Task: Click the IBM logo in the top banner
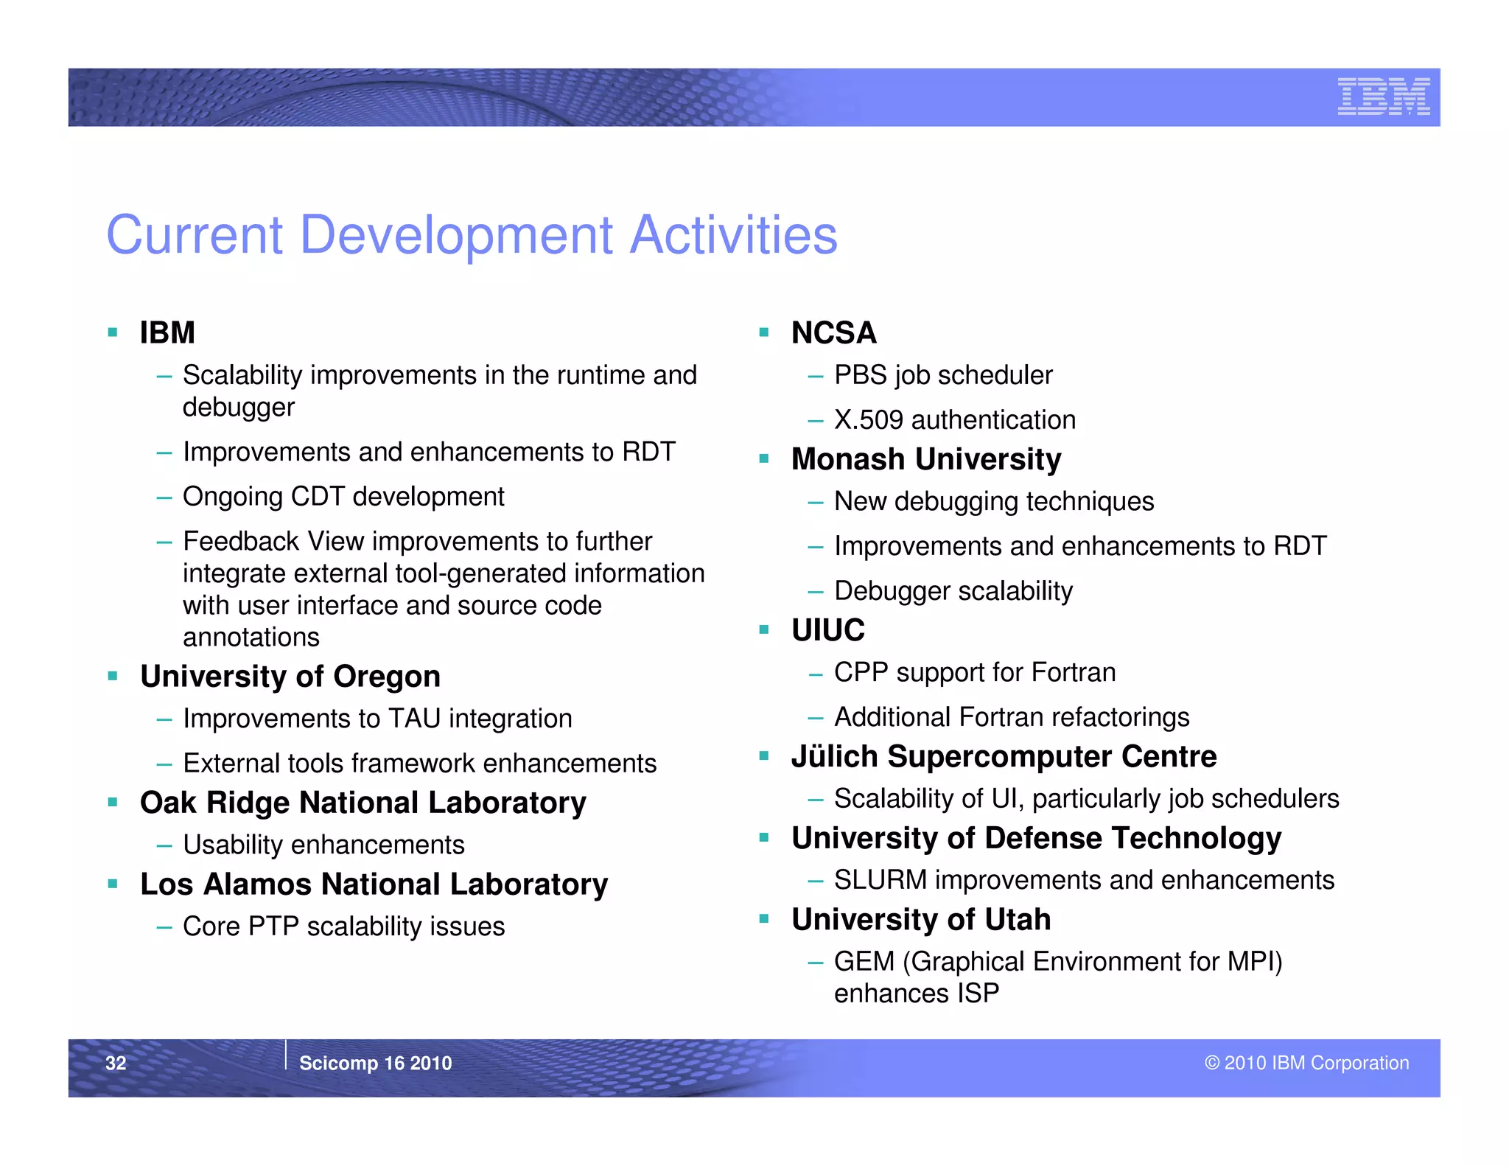pos(1383,97)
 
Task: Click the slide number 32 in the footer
pos(116,1063)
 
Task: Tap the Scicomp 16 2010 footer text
pos(375,1063)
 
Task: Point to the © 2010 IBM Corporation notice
pos(1306,1063)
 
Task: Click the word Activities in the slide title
pos(734,235)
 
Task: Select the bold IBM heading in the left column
pos(167,332)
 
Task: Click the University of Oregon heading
pos(290,676)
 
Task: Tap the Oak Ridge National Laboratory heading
pos(363,803)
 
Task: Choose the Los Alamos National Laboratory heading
pos(374,884)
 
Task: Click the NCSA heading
pos(833,332)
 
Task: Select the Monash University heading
pos(925,459)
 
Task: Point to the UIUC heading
pos(827,630)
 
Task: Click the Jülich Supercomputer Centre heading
pos(1004,757)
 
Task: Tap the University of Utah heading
pos(920,920)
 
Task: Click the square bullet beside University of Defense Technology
pos(764,837)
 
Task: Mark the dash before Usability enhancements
pos(164,845)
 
